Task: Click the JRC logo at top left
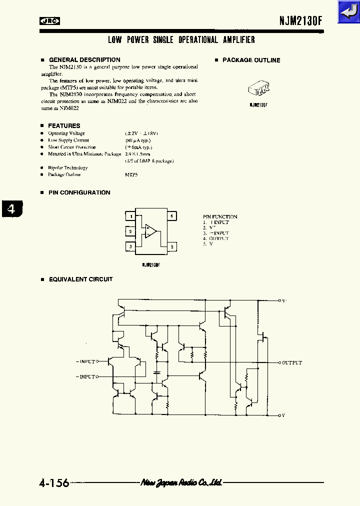[x=50, y=21]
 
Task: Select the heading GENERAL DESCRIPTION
[x=84, y=60]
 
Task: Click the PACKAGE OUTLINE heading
[x=251, y=60]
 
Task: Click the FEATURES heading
[x=64, y=126]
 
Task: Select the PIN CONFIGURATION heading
[x=79, y=192]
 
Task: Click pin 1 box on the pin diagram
[x=130, y=216]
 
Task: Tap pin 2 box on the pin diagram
[x=130, y=231]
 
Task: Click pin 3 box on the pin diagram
[x=130, y=246]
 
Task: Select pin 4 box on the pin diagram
[x=171, y=216]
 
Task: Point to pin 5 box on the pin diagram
[x=171, y=246]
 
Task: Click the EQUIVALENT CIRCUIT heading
[x=80, y=279]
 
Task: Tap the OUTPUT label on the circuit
[x=292, y=362]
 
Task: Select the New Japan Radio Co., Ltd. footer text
[x=181, y=482]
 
